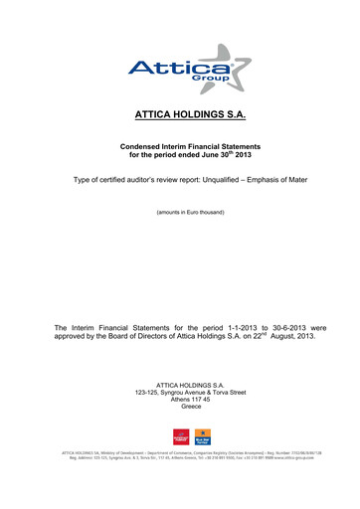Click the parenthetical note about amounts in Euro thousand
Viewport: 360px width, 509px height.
180,213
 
